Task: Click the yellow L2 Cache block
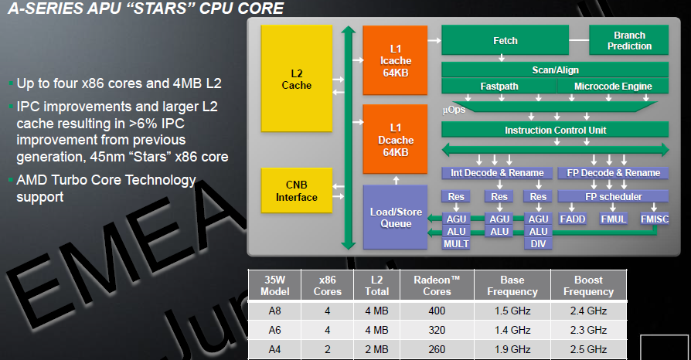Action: pyautogui.click(x=297, y=79)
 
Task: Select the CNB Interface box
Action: pyautogui.click(x=297, y=191)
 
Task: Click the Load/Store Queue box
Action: pyautogui.click(x=395, y=216)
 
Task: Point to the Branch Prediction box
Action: pyautogui.click(x=629, y=41)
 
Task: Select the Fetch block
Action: pyautogui.click(x=505, y=40)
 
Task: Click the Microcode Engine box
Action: pyautogui.click(x=613, y=86)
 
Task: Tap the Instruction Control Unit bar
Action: pyautogui.click(x=555, y=131)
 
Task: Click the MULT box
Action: pyautogui.click(x=456, y=244)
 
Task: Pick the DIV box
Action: pyautogui.click(x=538, y=244)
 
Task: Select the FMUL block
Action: pyautogui.click(x=614, y=219)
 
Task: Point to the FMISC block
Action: pyautogui.click(x=655, y=219)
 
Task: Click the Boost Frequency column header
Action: pyautogui.click(x=588, y=286)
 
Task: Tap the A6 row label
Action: pyautogui.click(x=275, y=329)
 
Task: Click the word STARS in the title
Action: pyautogui.click(x=169, y=9)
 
